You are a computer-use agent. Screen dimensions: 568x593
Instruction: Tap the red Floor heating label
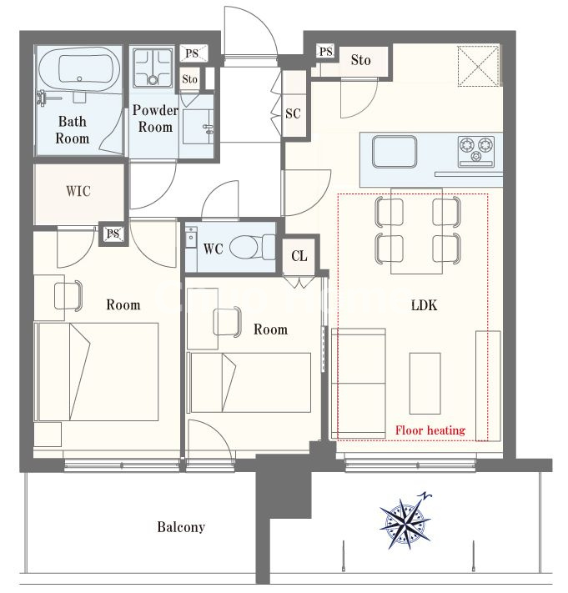click(430, 430)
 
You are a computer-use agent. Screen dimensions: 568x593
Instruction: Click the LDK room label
click(424, 305)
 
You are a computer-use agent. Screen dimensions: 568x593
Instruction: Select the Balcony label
click(181, 527)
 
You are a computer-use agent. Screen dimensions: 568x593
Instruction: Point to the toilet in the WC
click(252, 247)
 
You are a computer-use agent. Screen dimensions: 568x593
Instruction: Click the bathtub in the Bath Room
click(79, 69)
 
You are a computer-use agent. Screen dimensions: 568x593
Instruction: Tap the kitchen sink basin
click(395, 152)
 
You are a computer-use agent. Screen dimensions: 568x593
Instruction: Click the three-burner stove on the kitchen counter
click(476, 151)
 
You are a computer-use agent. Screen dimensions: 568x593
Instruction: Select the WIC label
click(78, 191)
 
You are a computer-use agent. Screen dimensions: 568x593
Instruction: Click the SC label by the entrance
click(293, 113)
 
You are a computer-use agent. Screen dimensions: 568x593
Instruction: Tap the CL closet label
click(299, 256)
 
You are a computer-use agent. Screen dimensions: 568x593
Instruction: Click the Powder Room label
click(155, 118)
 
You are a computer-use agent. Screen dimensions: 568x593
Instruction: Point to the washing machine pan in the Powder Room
click(153, 68)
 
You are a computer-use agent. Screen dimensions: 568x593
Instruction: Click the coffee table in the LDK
click(425, 384)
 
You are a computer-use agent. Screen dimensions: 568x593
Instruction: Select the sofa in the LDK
click(359, 384)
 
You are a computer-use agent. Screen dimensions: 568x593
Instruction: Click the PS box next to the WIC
click(113, 234)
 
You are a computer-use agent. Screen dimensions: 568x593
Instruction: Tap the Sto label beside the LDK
click(360, 60)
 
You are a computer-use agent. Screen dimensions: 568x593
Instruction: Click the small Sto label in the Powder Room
click(189, 79)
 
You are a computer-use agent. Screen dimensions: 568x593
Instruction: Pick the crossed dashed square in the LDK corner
click(478, 66)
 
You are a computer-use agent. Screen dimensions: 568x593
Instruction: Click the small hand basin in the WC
click(191, 237)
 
